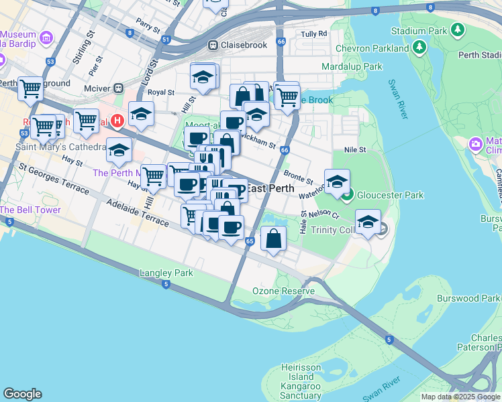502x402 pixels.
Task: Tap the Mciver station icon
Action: tap(119, 87)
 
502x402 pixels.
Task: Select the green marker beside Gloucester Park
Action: tap(347, 196)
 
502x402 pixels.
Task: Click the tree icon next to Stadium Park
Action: tap(458, 29)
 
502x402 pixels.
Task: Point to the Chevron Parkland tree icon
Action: tap(419, 47)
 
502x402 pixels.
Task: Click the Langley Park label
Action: tap(166, 273)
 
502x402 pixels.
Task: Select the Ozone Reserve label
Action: tap(283, 291)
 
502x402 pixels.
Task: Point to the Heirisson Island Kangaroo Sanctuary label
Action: tap(306, 386)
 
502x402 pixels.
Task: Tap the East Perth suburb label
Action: tap(270, 188)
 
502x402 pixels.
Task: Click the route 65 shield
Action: tap(250, 241)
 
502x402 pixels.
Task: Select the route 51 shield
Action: tap(166, 40)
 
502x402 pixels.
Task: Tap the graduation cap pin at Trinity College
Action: tap(368, 222)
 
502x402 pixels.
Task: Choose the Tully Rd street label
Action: tap(313, 33)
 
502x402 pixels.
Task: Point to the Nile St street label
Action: tap(354, 150)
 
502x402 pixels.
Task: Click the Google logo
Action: tap(23, 394)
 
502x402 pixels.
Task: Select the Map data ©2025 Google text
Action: tap(460, 397)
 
